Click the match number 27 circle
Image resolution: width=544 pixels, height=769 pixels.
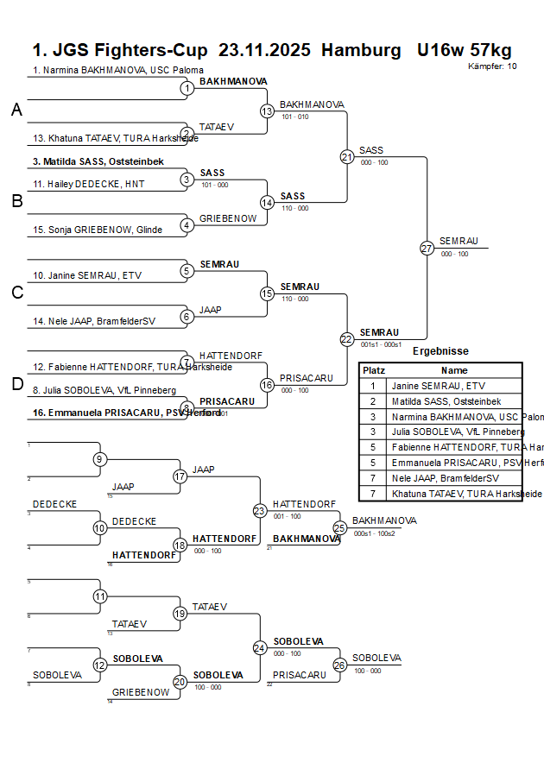click(x=427, y=248)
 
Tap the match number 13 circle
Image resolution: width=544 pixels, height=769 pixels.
click(x=267, y=111)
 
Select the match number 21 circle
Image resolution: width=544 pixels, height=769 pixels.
click(x=347, y=157)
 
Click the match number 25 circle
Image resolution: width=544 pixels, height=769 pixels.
click(x=339, y=526)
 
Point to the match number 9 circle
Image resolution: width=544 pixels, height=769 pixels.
click(x=100, y=459)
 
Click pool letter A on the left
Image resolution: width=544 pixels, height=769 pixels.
click(x=16, y=110)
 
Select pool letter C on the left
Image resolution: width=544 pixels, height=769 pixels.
click(x=16, y=293)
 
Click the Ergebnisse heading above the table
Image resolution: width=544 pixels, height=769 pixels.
click(x=440, y=351)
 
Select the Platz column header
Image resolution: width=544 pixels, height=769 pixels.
click(x=373, y=369)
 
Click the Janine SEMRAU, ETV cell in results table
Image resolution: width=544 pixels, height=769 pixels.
click(x=440, y=386)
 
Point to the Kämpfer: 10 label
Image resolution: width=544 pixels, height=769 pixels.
click(x=493, y=66)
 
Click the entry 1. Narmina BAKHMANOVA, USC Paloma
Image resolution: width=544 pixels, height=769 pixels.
click(x=118, y=70)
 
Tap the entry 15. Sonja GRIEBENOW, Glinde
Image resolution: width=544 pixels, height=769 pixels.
click(x=98, y=230)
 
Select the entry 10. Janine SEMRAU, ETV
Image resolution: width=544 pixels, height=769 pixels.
click(x=87, y=275)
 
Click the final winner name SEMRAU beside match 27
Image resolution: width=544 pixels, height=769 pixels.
click(x=459, y=241)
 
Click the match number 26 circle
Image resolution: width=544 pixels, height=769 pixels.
click(x=339, y=665)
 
